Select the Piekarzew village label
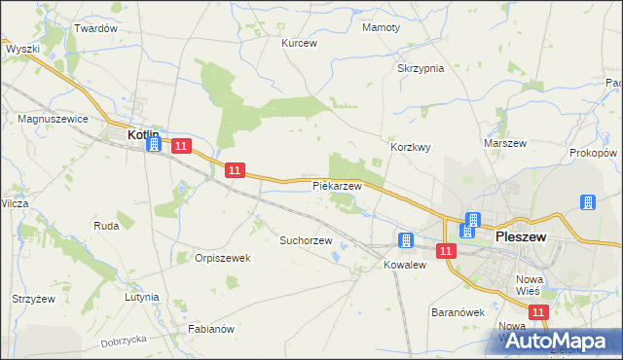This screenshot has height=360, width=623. point(337,185)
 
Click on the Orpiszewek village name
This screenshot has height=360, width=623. point(223,258)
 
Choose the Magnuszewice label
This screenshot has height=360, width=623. point(54,118)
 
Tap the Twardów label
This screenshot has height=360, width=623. point(95,28)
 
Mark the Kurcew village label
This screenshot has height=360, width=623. point(300,43)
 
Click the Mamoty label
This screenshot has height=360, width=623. point(381,27)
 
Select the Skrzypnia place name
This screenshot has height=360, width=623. point(421,68)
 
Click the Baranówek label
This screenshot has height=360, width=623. point(458,313)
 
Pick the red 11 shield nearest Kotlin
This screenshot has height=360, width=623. point(180,146)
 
